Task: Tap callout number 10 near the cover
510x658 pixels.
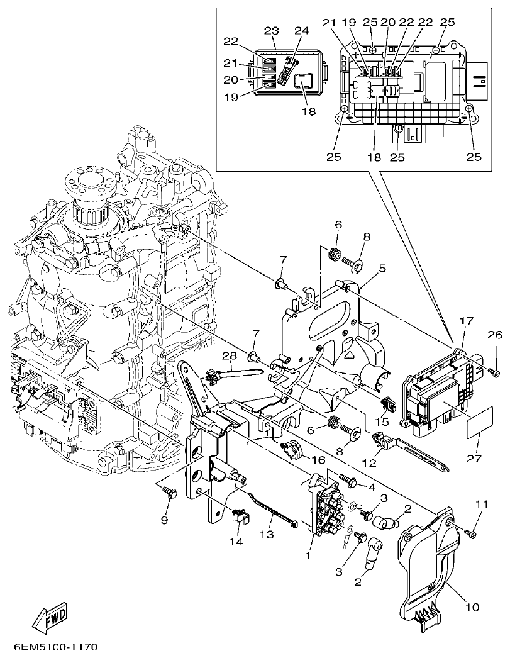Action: (x=472, y=607)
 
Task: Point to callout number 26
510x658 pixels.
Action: (x=491, y=335)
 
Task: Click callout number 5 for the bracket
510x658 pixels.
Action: (x=382, y=268)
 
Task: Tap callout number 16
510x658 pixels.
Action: (x=319, y=460)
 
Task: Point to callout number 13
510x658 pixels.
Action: (x=267, y=533)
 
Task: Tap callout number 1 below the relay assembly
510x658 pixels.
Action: (x=308, y=556)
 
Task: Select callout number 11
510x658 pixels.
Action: (x=482, y=505)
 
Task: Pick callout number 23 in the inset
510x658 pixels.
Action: (x=271, y=30)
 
